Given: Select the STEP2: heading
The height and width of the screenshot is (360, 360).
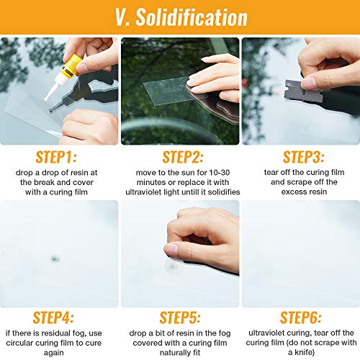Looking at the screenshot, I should [x=180, y=157].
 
